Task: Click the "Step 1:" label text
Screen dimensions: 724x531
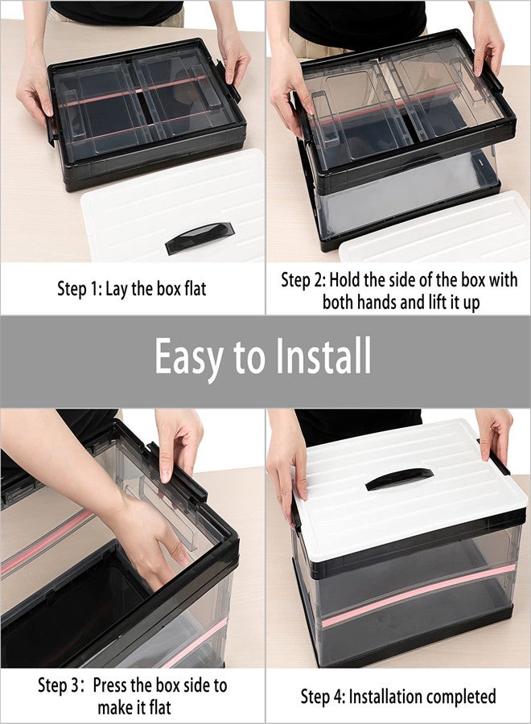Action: click(x=79, y=289)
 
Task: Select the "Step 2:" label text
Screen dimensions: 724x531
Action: click(x=303, y=281)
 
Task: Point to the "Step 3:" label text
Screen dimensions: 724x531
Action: click(x=62, y=686)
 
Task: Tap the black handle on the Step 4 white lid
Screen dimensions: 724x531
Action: click(x=399, y=479)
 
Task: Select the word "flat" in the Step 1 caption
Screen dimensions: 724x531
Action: click(x=191, y=289)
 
